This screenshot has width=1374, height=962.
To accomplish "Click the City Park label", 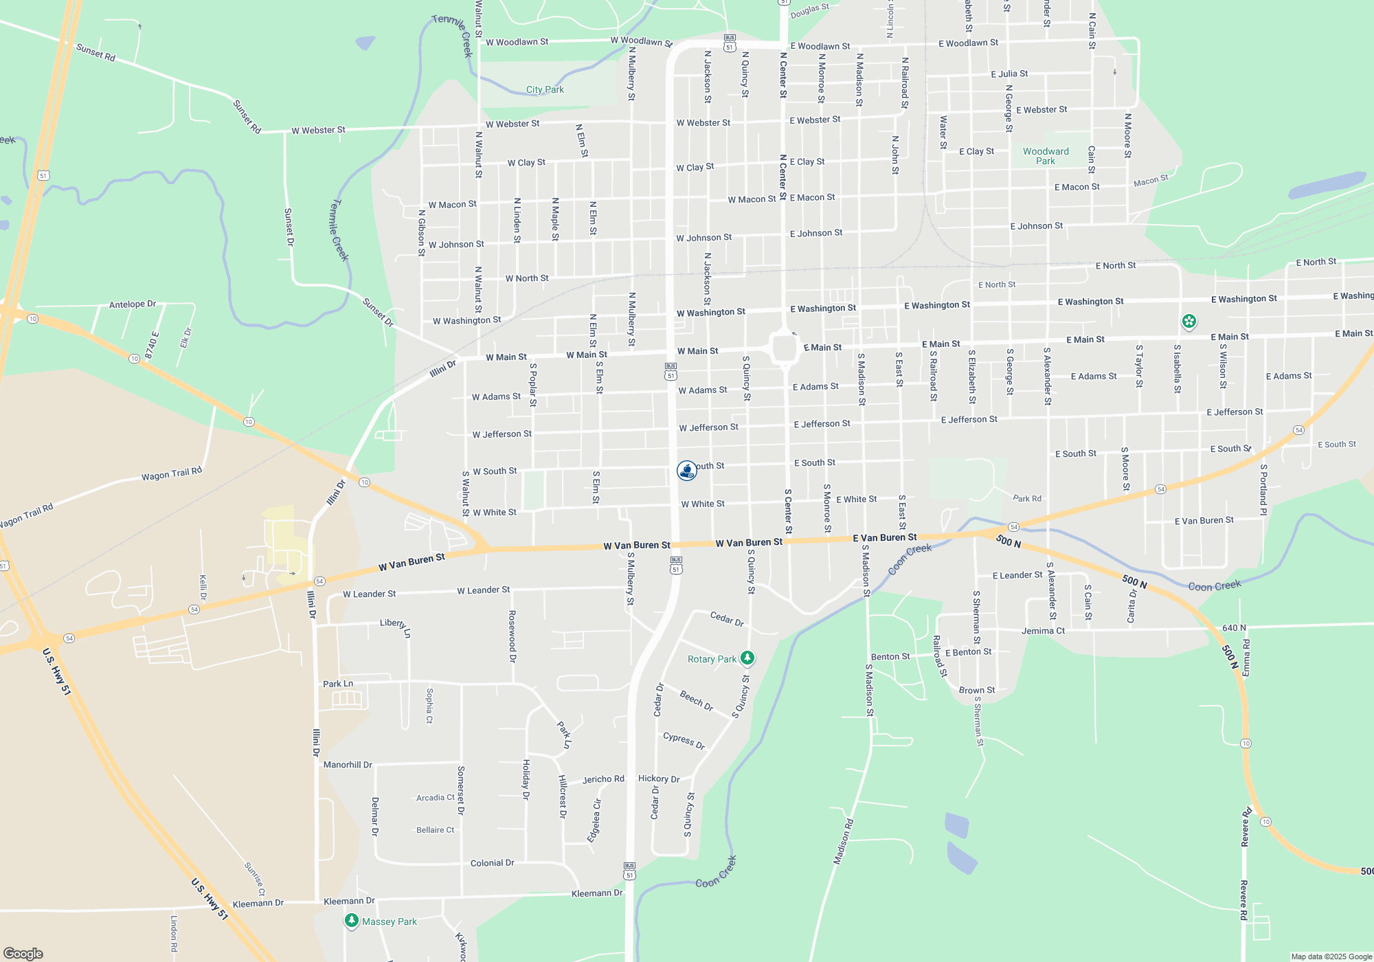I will point(545,89).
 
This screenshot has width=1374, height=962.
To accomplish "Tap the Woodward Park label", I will point(1046,156).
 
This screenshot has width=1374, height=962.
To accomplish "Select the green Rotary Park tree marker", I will point(747,658).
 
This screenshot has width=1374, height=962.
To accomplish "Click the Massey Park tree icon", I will point(352,921).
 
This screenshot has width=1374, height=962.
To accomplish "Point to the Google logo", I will point(23,954).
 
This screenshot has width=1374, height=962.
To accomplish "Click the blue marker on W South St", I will point(686,470).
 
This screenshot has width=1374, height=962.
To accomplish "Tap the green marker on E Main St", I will point(1189,321).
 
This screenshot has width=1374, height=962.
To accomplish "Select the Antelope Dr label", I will point(133,304).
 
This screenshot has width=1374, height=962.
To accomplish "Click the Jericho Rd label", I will point(603,779).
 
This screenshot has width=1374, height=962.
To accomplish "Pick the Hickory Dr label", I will point(659,779).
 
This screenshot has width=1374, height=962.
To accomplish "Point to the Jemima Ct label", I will point(1043,631).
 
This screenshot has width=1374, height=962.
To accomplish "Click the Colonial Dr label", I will point(492,863).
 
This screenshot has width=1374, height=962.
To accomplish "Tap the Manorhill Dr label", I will point(348,765).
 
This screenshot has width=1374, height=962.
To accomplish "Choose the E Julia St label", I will point(1009,74).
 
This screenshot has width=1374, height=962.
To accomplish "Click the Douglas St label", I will point(810,11).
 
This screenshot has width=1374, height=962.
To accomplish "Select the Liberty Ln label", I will point(396,625).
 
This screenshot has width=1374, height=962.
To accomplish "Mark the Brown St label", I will point(977,690).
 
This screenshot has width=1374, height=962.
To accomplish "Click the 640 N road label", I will point(1234,627).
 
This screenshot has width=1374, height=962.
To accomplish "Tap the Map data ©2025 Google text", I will point(1331,957).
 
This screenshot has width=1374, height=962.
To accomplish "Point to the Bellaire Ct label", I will point(435,830).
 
